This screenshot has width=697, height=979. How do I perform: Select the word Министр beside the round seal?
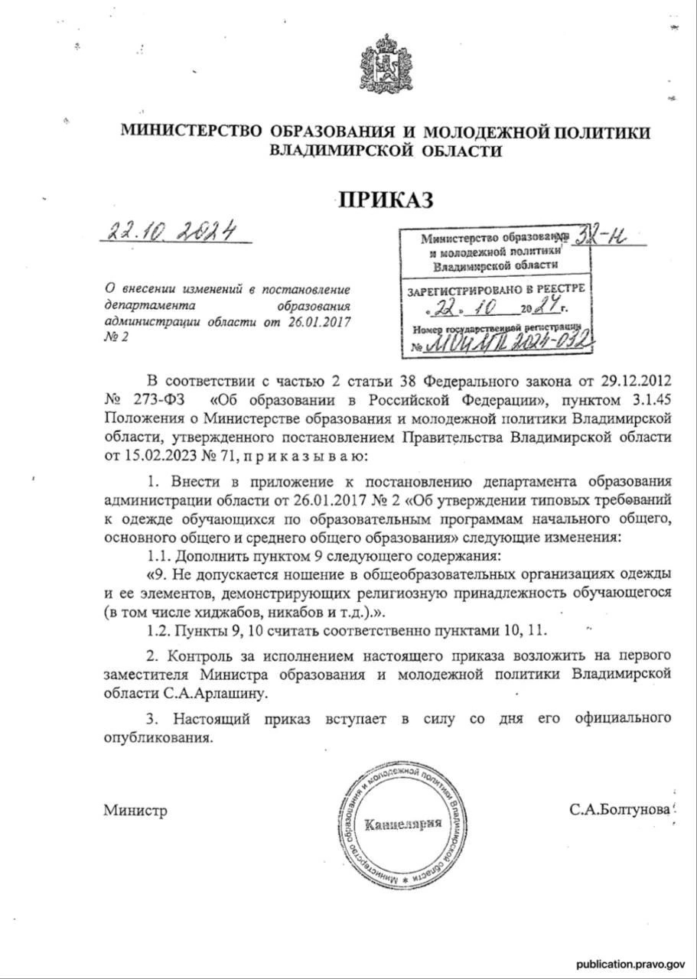[x=135, y=810]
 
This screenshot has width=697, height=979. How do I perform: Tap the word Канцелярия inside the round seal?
[x=403, y=825]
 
